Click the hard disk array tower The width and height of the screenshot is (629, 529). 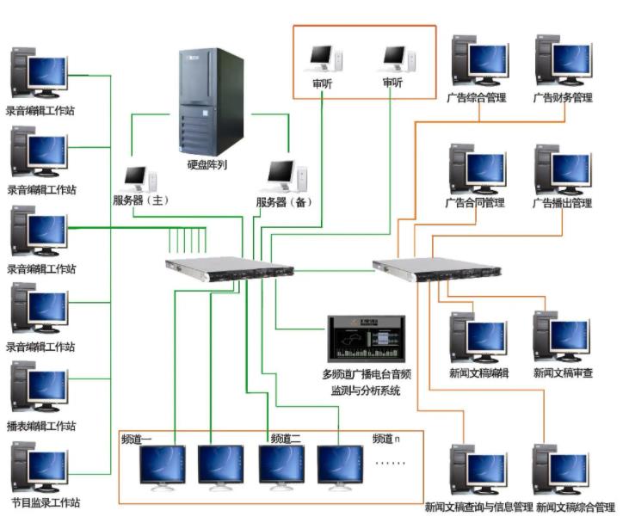click(x=211, y=101)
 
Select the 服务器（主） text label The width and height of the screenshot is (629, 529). click(x=141, y=201)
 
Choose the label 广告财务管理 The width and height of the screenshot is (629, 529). click(x=562, y=98)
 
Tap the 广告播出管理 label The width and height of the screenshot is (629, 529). click(x=562, y=204)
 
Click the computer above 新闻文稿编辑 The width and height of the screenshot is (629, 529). click(x=478, y=337)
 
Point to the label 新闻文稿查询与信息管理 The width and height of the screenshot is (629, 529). click(x=478, y=507)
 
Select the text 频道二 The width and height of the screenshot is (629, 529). click(x=285, y=439)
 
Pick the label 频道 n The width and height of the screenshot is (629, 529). click(x=386, y=439)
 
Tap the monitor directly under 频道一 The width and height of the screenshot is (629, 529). click(x=163, y=466)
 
